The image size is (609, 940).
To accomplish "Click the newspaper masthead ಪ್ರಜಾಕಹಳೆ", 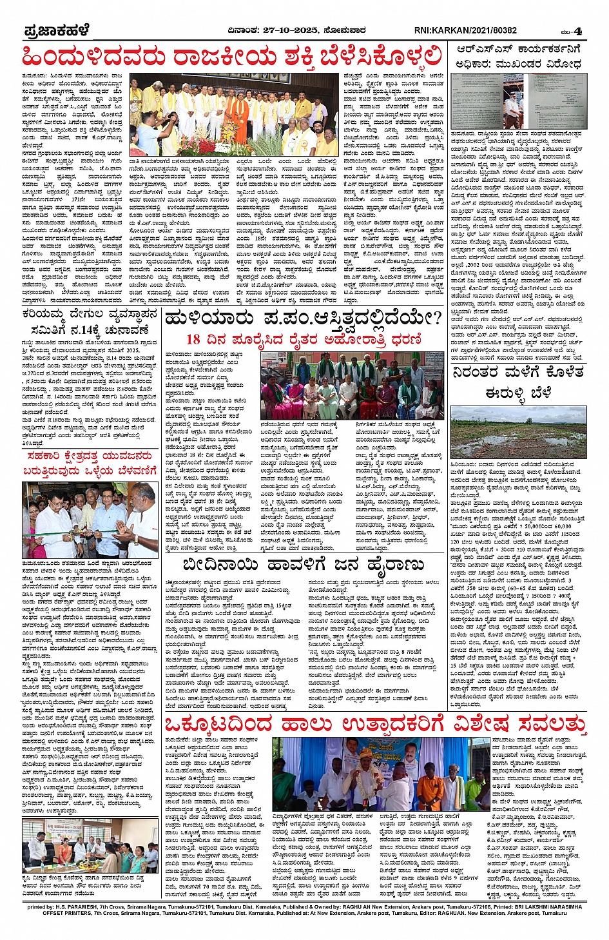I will [x=56, y=30].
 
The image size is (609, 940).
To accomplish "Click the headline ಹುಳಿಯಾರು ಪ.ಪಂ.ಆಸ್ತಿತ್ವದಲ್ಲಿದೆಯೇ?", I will [x=303, y=317].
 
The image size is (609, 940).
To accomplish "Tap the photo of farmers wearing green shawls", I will [x=352, y=386].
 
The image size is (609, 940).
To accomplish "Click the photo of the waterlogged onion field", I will [x=519, y=433].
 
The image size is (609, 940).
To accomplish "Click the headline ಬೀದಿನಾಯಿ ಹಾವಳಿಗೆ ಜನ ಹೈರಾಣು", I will [x=303, y=565].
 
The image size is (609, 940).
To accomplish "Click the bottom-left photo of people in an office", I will [x=90, y=845].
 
